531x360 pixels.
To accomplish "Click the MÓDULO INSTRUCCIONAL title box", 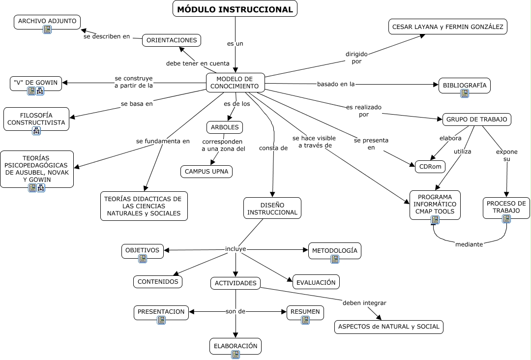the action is click(235, 9).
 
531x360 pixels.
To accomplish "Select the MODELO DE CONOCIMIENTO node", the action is click(236, 83).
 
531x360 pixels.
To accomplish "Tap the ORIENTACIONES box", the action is click(172, 40).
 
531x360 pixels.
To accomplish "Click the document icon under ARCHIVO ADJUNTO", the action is click(47, 30).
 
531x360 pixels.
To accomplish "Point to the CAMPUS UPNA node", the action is click(206, 172).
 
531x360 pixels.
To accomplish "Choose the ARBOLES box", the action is click(225, 127).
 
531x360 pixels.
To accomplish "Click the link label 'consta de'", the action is click(273, 148).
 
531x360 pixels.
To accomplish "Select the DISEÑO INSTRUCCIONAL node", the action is click(272, 208).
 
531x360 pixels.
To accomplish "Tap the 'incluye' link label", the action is click(236, 249).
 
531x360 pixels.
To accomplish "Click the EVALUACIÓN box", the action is click(316, 282).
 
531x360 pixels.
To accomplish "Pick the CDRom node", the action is click(430, 167).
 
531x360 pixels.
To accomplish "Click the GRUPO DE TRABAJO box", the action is click(476, 119).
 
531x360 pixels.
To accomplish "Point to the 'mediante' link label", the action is click(469, 244).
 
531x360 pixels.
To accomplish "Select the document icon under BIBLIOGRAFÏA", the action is click(465, 93).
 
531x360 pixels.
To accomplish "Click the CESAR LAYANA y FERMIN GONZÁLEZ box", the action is click(448, 27).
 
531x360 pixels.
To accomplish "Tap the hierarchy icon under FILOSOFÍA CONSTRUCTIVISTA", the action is click(36, 131).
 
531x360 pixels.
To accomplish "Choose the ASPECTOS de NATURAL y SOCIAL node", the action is click(388, 327).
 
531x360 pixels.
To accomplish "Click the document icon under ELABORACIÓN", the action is click(236, 355).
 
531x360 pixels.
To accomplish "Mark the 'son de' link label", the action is click(235, 311).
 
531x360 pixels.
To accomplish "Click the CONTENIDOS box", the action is click(158, 282).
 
